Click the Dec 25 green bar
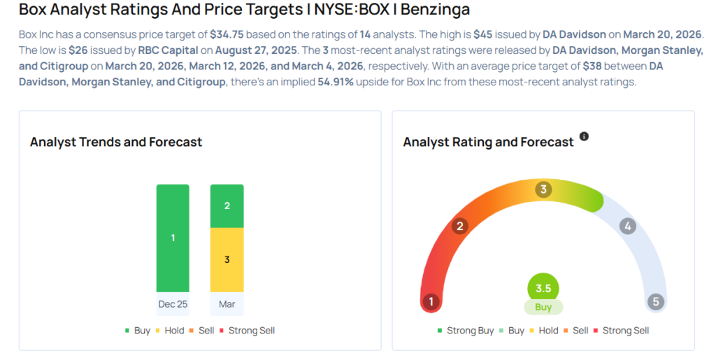[x=173, y=238]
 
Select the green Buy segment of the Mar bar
[x=227, y=206]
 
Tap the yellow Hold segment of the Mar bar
[x=227, y=259]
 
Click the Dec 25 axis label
[x=173, y=305]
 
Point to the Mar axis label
[x=227, y=305]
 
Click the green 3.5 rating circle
[x=543, y=287]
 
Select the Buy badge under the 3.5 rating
[x=543, y=307]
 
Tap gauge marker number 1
[x=431, y=302]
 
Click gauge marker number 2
[x=459, y=226]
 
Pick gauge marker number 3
[x=543, y=189]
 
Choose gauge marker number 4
[x=628, y=226]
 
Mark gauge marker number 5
[x=655, y=302]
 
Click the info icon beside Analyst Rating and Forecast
[x=585, y=136]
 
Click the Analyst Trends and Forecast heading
[x=116, y=142]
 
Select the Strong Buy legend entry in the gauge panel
[x=466, y=330]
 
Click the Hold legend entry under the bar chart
[x=171, y=330]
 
